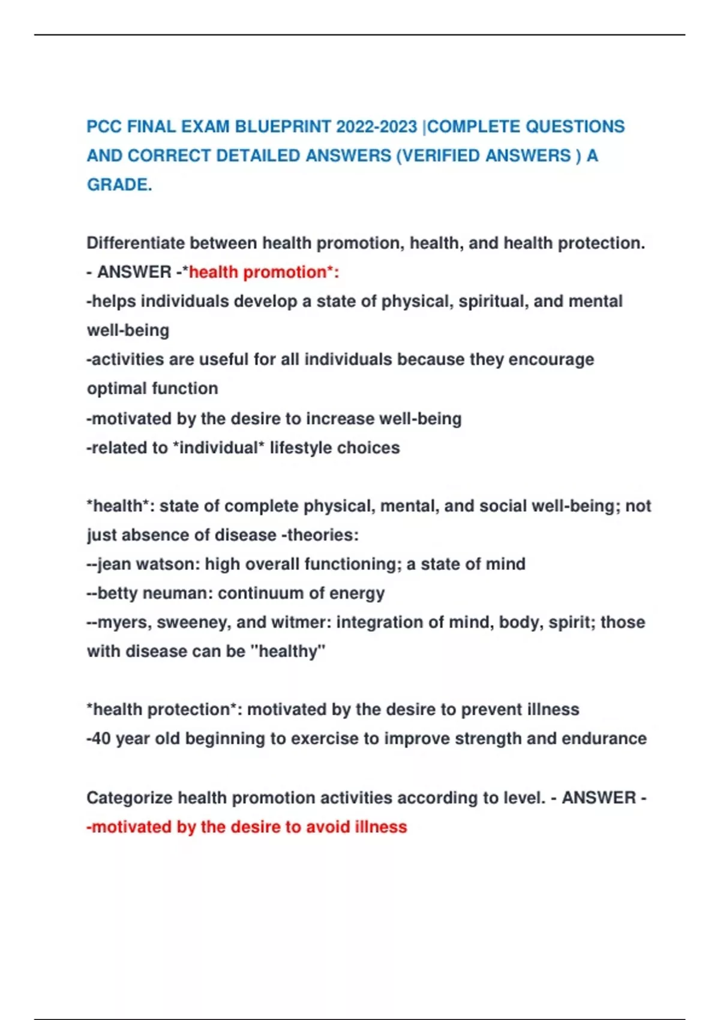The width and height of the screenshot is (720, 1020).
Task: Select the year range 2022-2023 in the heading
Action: (x=376, y=127)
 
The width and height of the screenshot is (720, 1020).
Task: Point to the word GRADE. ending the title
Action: (x=119, y=185)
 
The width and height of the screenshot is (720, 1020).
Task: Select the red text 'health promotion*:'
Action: (x=264, y=272)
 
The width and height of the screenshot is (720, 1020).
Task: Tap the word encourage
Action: (x=551, y=359)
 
